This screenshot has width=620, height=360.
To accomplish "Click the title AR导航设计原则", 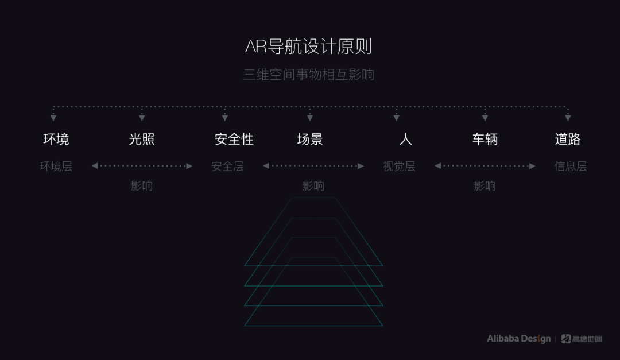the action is coord(309,47).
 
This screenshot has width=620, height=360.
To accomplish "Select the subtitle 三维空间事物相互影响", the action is coord(309,75).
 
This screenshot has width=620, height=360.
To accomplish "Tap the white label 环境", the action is coord(56,139).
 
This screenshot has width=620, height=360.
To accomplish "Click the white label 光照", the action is coord(142,139).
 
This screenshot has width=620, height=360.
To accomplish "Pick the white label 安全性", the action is coord(234,139).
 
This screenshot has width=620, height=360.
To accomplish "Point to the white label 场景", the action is coord(310,139).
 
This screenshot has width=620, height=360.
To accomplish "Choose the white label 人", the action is coord(405,139).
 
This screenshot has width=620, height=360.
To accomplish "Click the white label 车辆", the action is coord(485,139).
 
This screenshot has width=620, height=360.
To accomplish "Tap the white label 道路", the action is coord(568,139).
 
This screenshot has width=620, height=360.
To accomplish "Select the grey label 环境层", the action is coord(56,167).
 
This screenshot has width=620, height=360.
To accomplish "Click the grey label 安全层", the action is coord(227,167).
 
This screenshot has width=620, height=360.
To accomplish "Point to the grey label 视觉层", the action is coord(399,167).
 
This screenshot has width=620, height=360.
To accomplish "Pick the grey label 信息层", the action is coord(570,167).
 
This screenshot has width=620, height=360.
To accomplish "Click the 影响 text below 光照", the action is coord(142,186).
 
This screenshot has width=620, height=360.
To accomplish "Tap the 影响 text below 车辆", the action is coord(485,186).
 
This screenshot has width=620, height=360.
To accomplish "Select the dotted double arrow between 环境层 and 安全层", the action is coord(142,166).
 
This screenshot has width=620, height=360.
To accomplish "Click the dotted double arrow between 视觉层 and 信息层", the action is coord(485,166).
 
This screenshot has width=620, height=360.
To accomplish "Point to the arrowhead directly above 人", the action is coord(396,118).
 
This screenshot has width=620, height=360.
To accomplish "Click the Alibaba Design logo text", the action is coord(518,339).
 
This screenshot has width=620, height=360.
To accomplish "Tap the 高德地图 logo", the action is coord(582,339).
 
